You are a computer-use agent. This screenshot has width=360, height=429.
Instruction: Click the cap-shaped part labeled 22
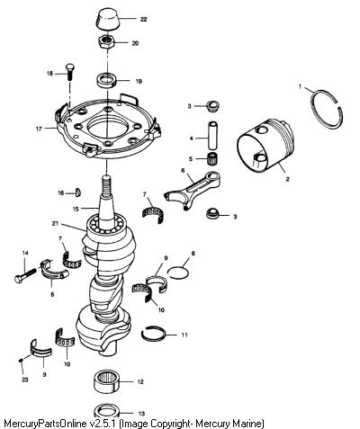[x=109, y=19]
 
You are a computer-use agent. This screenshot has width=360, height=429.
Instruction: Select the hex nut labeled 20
[x=107, y=42]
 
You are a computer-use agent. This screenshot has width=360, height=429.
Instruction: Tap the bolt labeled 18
[x=70, y=72]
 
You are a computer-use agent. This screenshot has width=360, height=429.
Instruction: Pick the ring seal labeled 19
[x=106, y=81]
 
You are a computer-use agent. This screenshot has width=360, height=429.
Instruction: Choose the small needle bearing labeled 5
[x=212, y=158]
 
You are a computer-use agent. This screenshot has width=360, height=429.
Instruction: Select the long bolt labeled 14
[x=25, y=275]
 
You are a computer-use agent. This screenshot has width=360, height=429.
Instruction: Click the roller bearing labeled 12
[x=107, y=381]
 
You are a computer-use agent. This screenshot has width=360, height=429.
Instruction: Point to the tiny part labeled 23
[x=21, y=360]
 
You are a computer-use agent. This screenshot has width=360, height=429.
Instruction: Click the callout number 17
[x=39, y=130]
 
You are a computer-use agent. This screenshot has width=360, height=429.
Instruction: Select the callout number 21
[x=55, y=223]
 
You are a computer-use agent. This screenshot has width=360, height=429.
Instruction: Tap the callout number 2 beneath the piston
[x=287, y=179]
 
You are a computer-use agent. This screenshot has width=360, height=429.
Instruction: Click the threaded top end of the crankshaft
[x=106, y=186]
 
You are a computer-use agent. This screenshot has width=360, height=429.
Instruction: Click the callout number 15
[x=76, y=209]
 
